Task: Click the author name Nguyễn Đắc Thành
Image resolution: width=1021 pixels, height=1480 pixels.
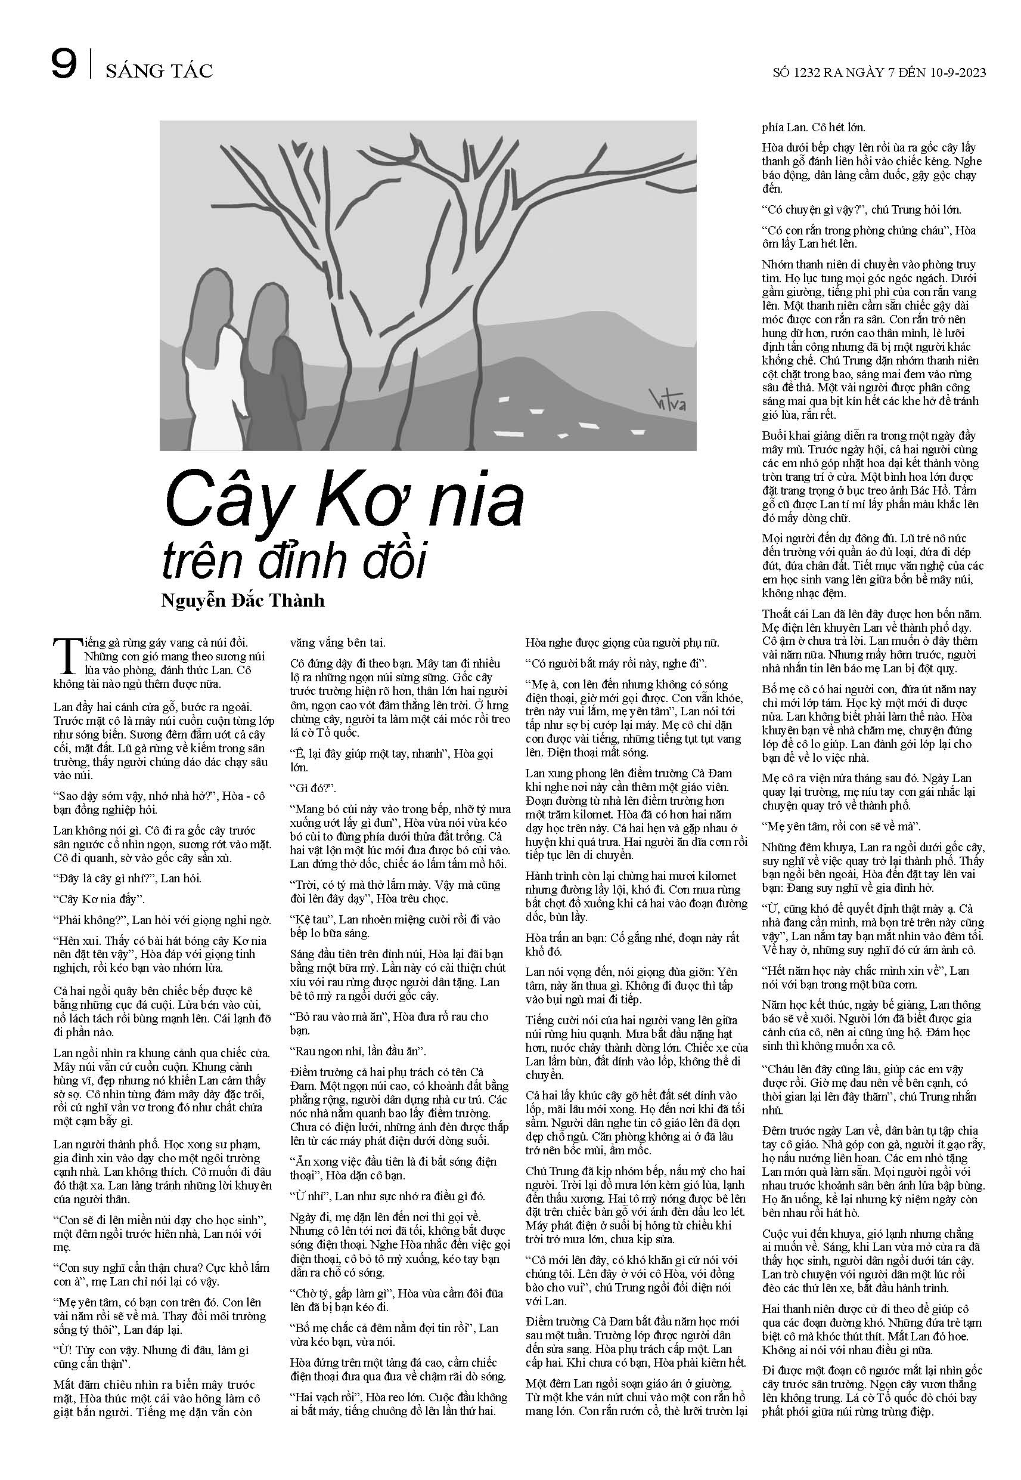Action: tap(243, 601)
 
